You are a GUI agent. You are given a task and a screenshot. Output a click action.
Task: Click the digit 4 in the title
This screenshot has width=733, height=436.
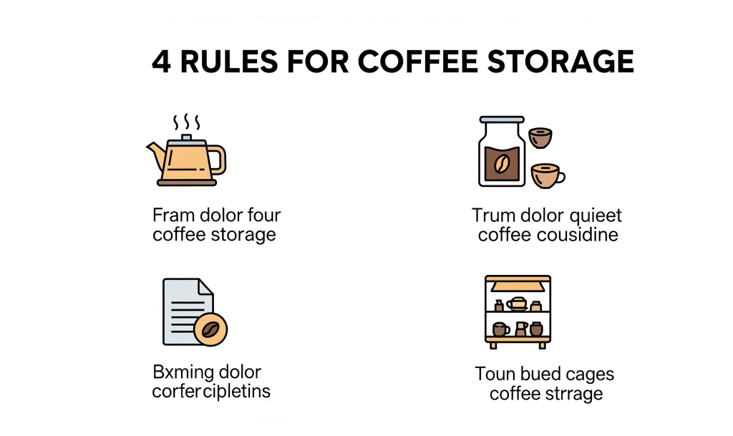click(161, 62)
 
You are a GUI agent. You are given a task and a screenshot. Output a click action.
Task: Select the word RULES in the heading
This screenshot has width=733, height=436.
click(229, 62)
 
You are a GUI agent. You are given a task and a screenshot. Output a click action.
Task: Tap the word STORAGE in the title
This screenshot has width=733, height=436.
click(560, 62)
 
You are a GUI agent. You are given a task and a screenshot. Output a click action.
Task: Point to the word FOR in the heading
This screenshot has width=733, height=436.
click(318, 62)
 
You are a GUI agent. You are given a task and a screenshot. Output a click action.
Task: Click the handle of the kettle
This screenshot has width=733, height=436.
click(218, 160)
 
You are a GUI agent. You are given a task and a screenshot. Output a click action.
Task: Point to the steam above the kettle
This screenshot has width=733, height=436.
click(187, 122)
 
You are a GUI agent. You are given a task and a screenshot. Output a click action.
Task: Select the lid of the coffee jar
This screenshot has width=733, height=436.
click(502, 120)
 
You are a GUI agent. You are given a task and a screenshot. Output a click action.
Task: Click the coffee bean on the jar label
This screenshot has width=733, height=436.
click(502, 163)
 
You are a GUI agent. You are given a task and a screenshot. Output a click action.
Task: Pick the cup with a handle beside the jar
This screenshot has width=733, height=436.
click(548, 175)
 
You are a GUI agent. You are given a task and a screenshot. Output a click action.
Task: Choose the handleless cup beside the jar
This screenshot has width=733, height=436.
click(540, 138)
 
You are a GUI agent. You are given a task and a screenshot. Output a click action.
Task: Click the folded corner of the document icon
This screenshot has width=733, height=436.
click(206, 286)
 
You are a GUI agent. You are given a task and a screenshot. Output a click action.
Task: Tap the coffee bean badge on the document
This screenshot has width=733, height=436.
click(210, 329)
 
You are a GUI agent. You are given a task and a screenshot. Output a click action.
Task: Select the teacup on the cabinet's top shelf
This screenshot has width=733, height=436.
click(518, 304)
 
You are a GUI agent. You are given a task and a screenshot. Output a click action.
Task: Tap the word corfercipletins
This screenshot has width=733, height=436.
click(211, 392)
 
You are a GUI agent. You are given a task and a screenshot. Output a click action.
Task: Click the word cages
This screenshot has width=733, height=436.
click(590, 375)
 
